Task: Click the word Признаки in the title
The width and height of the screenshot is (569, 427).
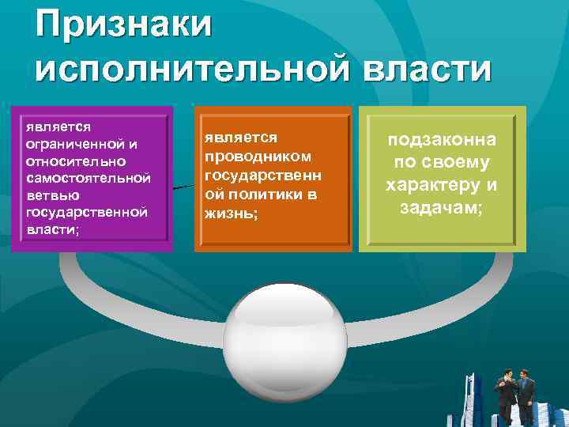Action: pyautogui.click(x=124, y=25)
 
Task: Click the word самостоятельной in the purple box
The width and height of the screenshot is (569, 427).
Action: pyautogui.click(x=88, y=178)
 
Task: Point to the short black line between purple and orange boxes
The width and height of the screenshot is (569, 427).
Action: pyautogui.click(x=183, y=187)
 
